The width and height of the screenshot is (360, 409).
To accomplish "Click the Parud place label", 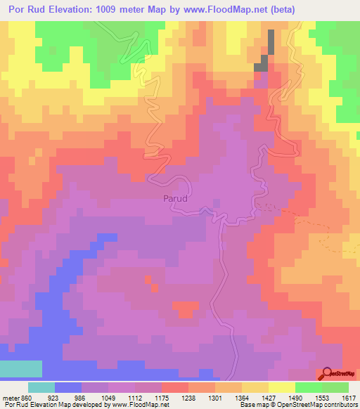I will coord(175,199).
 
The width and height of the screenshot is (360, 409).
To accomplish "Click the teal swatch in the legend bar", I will coord(41,387).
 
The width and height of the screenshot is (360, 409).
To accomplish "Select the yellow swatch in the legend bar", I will coord(282,387).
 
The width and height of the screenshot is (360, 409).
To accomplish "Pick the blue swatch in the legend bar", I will coord(68,387).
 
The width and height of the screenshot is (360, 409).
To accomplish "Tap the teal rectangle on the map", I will coord(20,369).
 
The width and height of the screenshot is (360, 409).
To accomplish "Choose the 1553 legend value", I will coord(321,397).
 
